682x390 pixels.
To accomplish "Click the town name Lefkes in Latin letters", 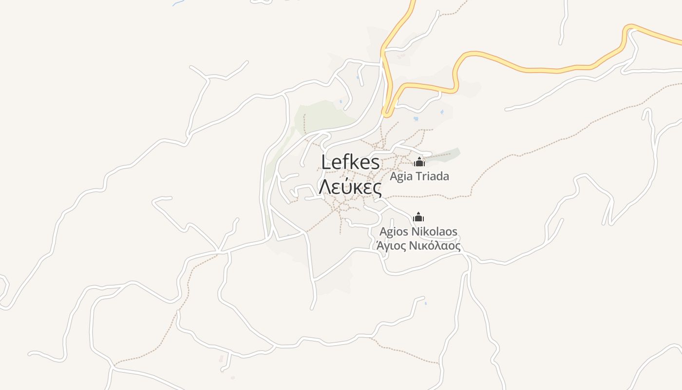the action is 350,162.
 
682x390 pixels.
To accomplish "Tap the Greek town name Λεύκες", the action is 350,186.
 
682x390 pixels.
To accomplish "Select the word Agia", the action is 401,176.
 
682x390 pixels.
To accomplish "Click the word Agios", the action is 394,231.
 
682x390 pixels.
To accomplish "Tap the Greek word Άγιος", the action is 391,246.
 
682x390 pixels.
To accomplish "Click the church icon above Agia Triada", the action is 419,162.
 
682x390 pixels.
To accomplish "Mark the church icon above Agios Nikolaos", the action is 418,217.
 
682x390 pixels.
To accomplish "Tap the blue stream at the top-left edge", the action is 178,3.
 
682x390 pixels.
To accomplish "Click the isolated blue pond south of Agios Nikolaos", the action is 425,304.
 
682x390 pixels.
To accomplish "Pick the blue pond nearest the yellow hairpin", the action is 416,118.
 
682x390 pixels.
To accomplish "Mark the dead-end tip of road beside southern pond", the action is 423,297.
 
